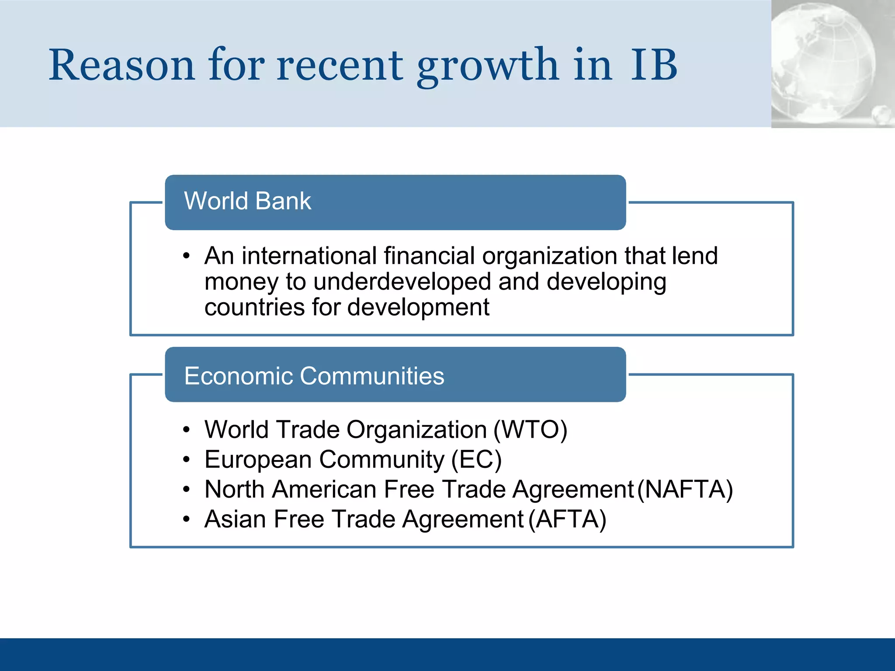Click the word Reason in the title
121,66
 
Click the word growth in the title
487,66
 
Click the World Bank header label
247,201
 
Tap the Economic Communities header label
314,376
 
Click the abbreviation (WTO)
530,430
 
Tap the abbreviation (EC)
476,460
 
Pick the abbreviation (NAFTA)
685,490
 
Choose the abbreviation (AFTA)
567,520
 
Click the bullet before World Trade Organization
187,430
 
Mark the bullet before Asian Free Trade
187,520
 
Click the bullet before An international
187,256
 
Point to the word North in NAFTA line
234,490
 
